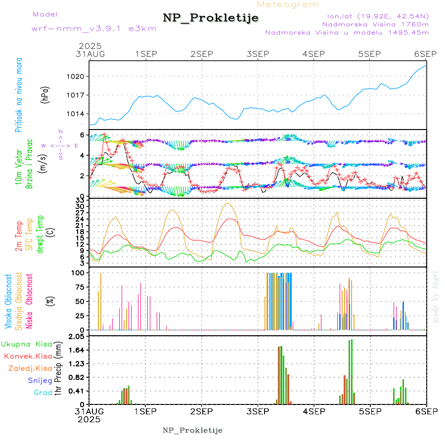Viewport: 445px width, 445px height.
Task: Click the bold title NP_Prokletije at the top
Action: pyautogui.click(x=211, y=18)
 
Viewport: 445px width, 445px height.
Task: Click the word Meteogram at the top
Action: pyautogui.click(x=288, y=4)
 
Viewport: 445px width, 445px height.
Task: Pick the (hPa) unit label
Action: pyautogui.click(x=45, y=94)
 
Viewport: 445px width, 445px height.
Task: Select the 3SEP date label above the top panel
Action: pyautogui.click(x=258, y=54)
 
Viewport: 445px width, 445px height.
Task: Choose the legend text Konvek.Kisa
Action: pyautogui.click(x=28, y=356)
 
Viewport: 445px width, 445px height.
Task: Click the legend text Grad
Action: pyautogui.click(x=43, y=393)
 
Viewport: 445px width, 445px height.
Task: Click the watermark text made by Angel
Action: pyautogui.click(x=436, y=297)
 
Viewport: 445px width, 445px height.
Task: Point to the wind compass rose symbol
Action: pyautogui.click(x=59, y=146)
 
